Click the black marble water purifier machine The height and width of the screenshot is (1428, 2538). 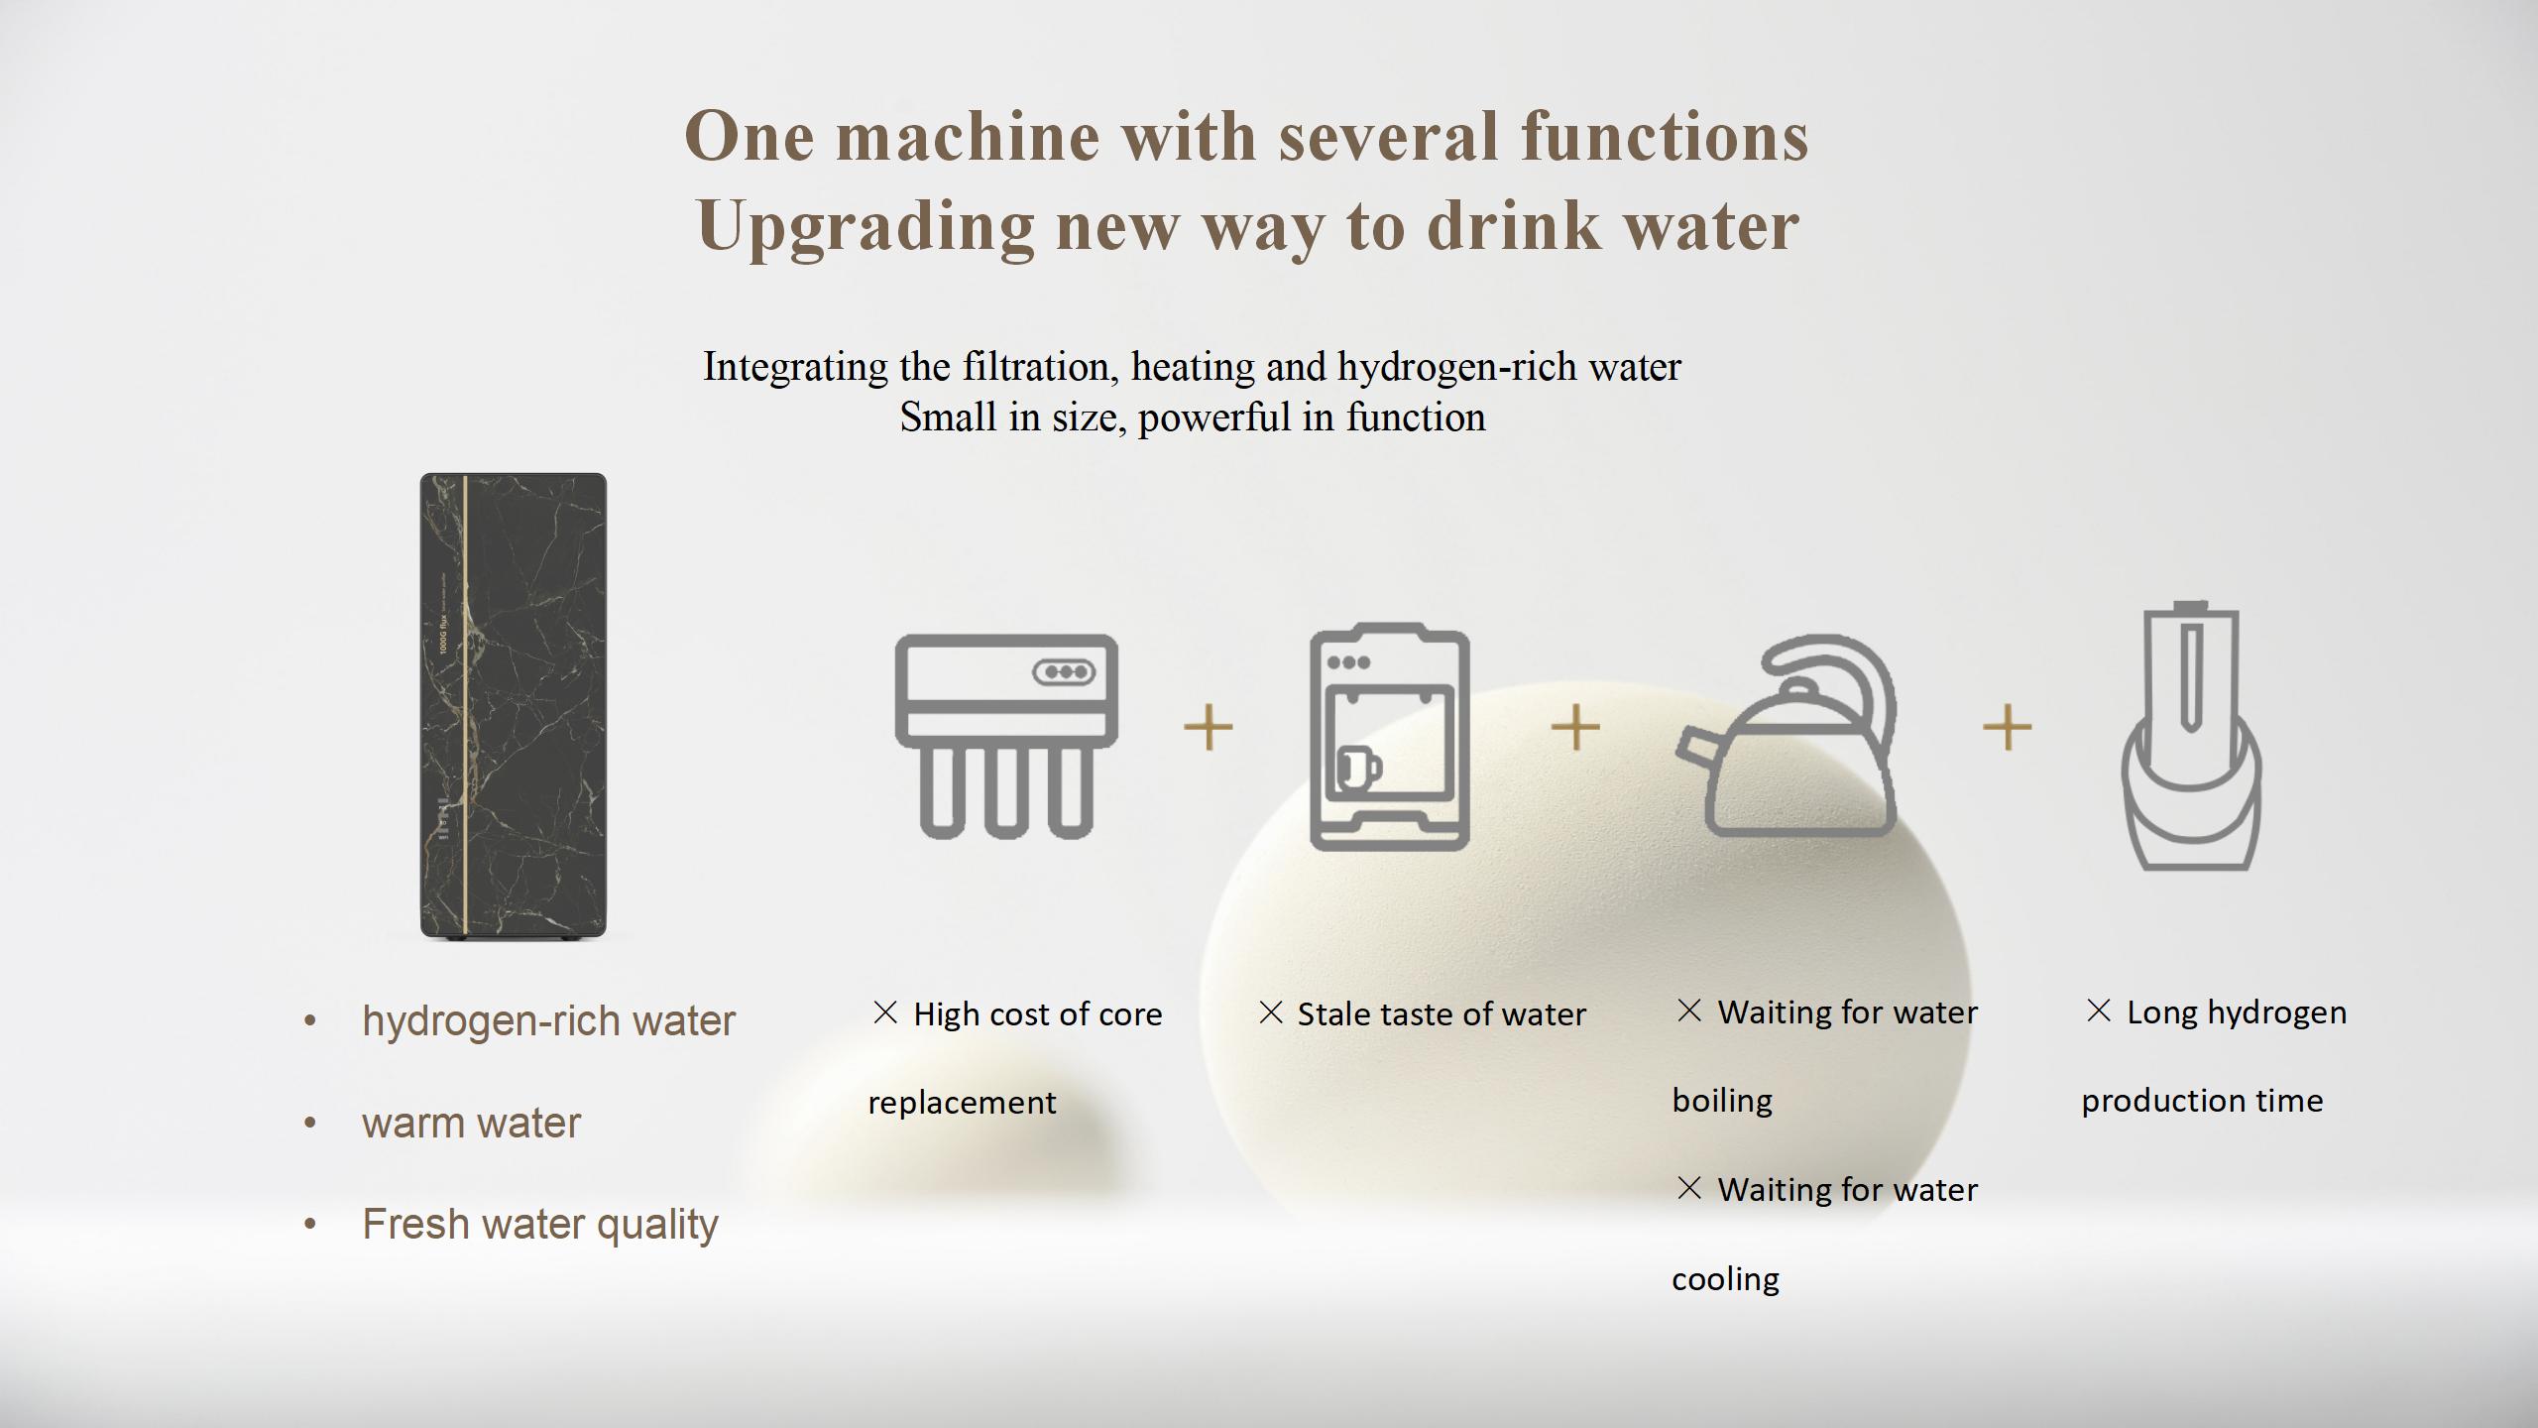[x=513, y=705]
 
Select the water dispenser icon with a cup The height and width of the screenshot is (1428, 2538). [x=1389, y=737]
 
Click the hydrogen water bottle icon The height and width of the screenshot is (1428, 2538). [x=2191, y=736]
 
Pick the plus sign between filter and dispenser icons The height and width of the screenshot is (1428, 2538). [x=1208, y=728]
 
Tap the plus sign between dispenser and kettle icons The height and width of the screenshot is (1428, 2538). [x=1575, y=728]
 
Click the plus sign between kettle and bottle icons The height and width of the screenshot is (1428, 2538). [x=2007, y=728]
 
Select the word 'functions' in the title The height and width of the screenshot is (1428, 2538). [x=1665, y=137]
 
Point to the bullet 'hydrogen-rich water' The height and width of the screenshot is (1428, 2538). [x=548, y=1021]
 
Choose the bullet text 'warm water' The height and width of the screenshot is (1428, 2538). [x=471, y=1124]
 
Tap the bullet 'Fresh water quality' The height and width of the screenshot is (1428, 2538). [x=540, y=1225]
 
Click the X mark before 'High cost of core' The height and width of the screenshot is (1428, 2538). [x=884, y=1012]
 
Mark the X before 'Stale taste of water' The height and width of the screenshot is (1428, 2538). [x=1270, y=1012]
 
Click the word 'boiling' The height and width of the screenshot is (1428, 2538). [x=1722, y=1101]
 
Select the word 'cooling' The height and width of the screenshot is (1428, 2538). [x=1725, y=1279]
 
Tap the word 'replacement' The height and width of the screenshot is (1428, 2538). [x=962, y=1103]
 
